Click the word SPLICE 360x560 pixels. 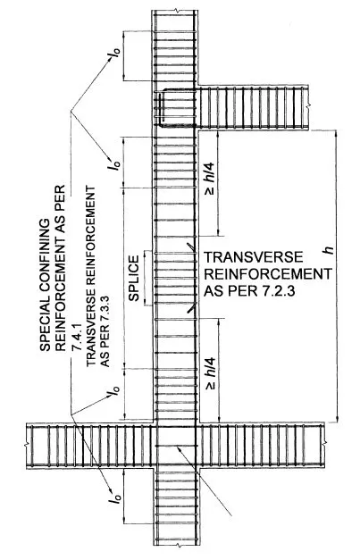(134, 279)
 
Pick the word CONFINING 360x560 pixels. (46, 261)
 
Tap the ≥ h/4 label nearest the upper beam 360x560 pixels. (210, 179)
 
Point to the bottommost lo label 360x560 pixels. (114, 498)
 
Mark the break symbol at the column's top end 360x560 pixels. (175, 11)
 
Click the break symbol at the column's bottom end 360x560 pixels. (177, 546)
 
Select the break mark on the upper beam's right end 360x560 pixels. (308, 106)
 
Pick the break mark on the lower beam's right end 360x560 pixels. (324, 444)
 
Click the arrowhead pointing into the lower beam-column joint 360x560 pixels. (179, 448)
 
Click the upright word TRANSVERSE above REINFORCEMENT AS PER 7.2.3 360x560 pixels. (253, 257)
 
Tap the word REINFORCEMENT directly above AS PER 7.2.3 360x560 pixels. (267, 274)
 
